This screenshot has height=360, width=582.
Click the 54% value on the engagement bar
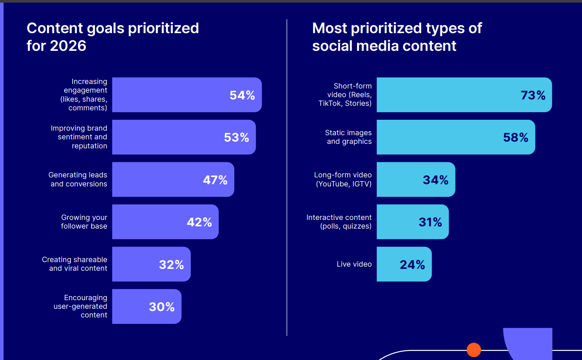pyautogui.click(x=242, y=95)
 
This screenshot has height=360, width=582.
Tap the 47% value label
pyautogui.click(x=215, y=180)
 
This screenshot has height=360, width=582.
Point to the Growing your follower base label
pyautogui.click(x=84, y=222)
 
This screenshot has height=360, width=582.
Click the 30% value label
pyautogui.click(x=162, y=307)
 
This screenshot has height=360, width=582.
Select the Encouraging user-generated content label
pyautogui.click(x=81, y=306)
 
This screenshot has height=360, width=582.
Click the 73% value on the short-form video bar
pyautogui.click(x=533, y=95)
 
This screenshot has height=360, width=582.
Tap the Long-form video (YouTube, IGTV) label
pyautogui.click(x=343, y=179)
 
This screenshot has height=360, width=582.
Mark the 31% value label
pyautogui.click(x=430, y=222)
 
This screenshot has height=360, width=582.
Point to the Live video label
pyautogui.click(x=354, y=264)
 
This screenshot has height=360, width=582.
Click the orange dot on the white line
pyautogui.click(x=474, y=350)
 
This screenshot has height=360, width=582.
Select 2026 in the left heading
pyautogui.click(x=68, y=46)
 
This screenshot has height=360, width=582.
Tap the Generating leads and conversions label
pyautogui.click(x=78, y=179)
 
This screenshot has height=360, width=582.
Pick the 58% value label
pyautogui.click(x=516, y=137)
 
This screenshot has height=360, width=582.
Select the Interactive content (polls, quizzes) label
pyautogui.click(x=339, y=222)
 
